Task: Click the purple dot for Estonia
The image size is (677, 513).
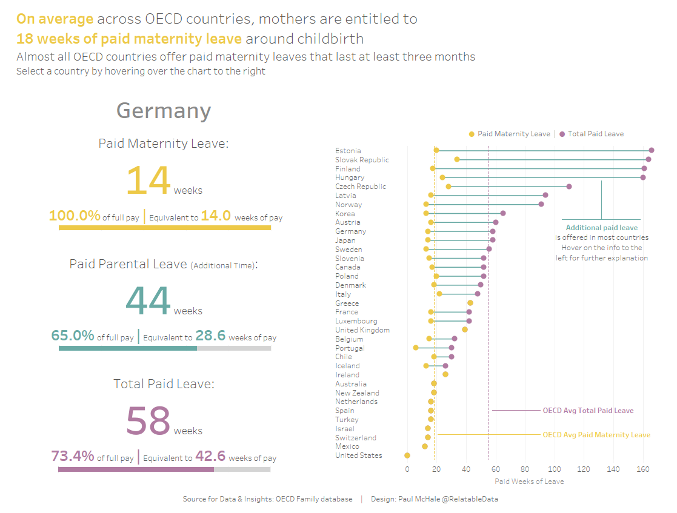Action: [652, 150]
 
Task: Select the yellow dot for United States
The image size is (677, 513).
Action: [407, 455]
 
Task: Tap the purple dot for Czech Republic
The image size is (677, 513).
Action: [569, 187]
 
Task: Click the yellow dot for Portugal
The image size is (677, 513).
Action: [416, 348]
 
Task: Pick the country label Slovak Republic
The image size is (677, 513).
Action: [362, 160]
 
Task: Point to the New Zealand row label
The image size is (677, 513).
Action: [357, 393]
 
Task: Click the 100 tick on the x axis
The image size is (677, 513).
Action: [555, 469]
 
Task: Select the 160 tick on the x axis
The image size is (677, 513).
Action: [643, 469]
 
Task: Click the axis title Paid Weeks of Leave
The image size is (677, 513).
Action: [529, 482]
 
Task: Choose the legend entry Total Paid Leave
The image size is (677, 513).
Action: [595, 134]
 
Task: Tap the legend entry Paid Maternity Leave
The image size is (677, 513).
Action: [513, 134]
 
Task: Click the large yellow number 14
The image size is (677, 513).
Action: [148, 180]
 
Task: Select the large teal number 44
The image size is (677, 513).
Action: [148, 301]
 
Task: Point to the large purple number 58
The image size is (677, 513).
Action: [148, 421]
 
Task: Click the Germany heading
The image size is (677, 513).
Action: [164, 111]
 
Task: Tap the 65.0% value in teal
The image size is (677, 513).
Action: [73, 336]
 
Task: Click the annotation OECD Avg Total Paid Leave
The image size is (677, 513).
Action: [588, 411]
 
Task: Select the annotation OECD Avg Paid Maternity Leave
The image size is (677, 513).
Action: [596, 435]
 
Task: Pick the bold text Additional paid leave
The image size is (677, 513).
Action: [602, 228]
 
